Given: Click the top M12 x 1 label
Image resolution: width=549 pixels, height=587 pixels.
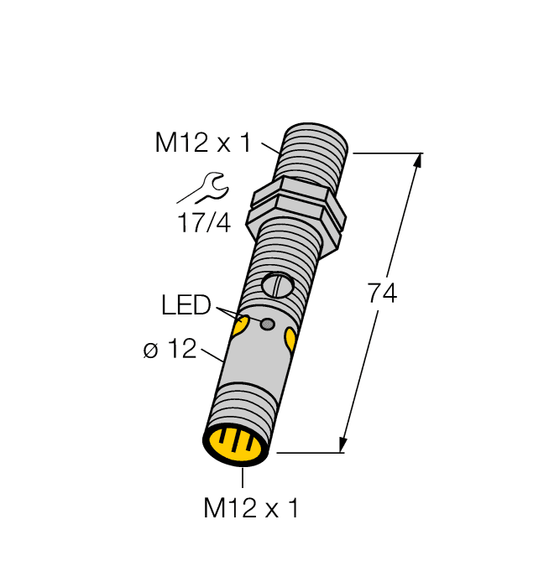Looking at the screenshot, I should (202, 143).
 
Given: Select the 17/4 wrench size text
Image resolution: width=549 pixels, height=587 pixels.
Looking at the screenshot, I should (204, 224).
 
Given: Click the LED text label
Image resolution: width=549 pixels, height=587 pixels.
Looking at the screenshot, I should (186, 306).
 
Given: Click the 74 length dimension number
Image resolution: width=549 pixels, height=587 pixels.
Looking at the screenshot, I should (382, 294).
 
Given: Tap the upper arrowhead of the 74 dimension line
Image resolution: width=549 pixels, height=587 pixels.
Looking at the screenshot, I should (416, 162).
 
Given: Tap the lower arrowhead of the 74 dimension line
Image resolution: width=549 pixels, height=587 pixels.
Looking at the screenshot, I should (343, 444).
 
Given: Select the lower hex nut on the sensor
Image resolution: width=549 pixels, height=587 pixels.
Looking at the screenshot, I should (295, 222).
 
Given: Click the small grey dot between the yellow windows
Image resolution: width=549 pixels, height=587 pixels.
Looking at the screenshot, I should (268, 325).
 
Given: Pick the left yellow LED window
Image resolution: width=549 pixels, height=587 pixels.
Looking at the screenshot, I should (239, 327).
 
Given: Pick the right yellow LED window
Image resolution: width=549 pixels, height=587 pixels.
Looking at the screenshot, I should (290, 339).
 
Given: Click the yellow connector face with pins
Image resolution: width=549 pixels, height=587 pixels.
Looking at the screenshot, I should (238, 444).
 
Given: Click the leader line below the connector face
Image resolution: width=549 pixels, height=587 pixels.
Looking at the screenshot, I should (243, 476).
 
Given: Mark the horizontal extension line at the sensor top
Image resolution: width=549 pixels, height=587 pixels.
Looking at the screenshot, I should (387, 153).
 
